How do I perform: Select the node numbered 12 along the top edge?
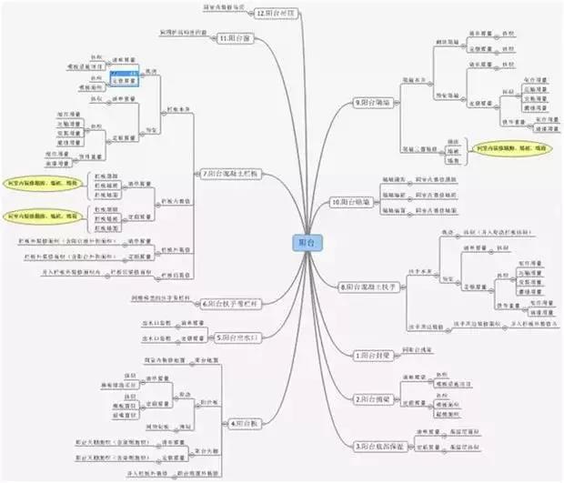point(277,15)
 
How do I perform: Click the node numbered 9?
point(376,102)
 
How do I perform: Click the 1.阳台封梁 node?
point(372,353)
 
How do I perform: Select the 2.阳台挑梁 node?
point(373,398)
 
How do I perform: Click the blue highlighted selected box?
point(124,78)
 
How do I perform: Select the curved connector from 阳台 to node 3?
point(337,364)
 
